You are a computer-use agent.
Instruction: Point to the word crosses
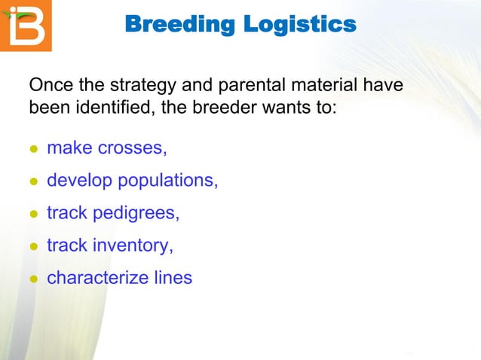133,148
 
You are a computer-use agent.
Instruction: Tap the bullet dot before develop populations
33,182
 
